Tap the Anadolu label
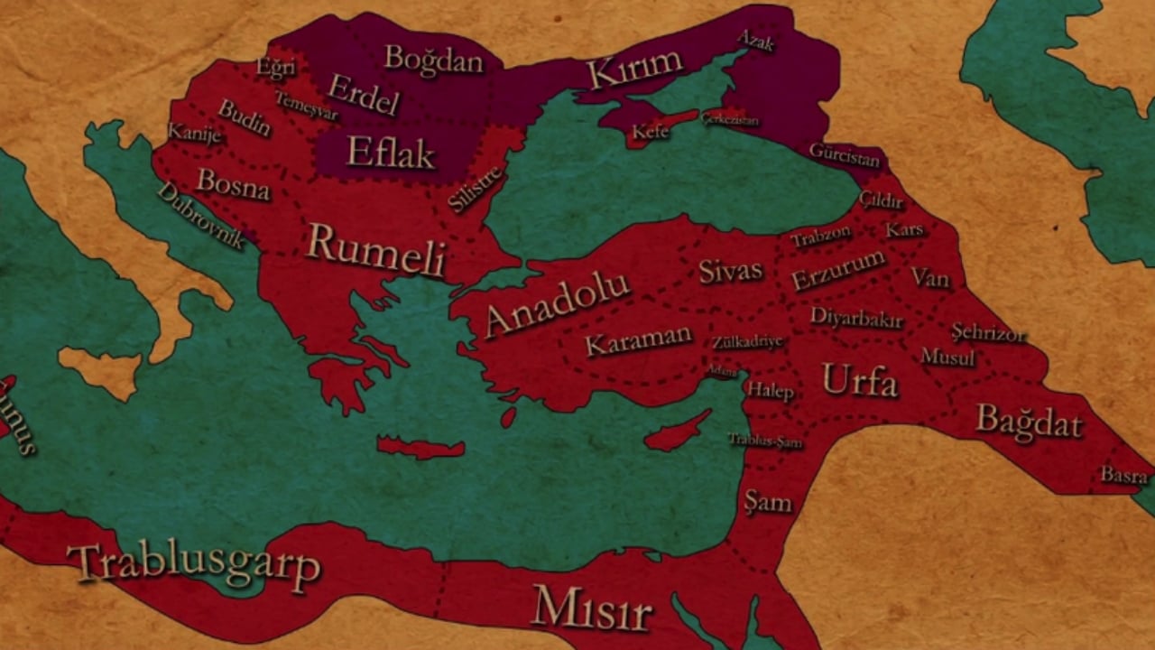point(557,303)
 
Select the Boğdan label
point(434,60)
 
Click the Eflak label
point(391,153)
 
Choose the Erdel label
point(363,94)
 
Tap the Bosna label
point(234,184)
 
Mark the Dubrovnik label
point(200,216)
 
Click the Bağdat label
point(1029,421)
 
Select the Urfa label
point(860,382)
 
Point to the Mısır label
point(591,608)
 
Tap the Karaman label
point(638,340)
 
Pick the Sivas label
point(730,270)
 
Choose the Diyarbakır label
point(856,317)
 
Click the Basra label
point(1123,475)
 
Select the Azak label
point(755,40)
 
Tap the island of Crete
point(420,447)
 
